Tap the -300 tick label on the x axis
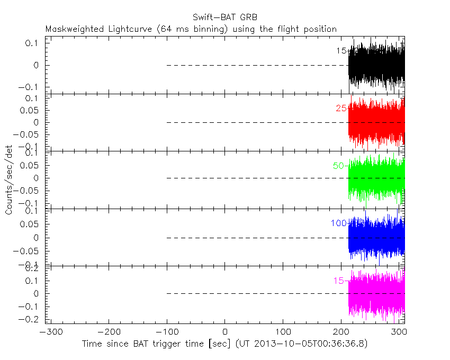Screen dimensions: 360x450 [x=48, y=332]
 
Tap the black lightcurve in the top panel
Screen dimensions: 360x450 [x=376, y=66]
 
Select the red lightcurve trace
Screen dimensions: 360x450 [x=376, y=123]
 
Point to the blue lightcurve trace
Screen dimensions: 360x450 [x=376, y=237]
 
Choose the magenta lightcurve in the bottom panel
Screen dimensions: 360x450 [x=376, y=293]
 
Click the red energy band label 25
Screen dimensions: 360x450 [x=341, y=109]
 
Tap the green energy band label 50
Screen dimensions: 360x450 [x=338, y=166]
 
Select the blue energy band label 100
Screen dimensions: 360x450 [x=338, y=223]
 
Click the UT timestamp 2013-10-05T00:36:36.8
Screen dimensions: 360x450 [x=311, y=344]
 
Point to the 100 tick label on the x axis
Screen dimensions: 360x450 [x=283, y=332]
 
